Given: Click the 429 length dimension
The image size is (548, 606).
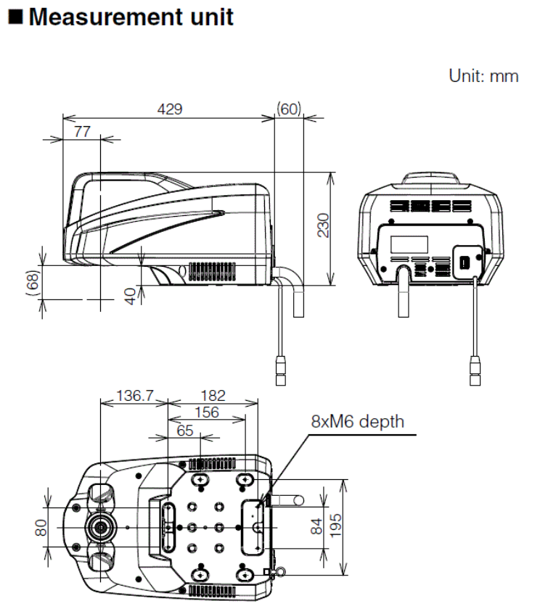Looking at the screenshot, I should pos(170,109).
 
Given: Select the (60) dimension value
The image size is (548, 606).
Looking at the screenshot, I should pos(288,109).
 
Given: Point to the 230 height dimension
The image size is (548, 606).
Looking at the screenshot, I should pos(323,225).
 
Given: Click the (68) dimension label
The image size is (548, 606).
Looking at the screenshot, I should pos(32,283).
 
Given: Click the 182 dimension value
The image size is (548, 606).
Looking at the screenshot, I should pos(212,396).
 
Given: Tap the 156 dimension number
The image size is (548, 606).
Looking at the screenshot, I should pos(206,412).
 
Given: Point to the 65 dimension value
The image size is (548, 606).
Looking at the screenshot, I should pos(185,429).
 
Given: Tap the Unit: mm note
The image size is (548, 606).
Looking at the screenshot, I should pos(483,75).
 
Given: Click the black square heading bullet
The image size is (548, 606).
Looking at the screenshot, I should pos(14,17).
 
